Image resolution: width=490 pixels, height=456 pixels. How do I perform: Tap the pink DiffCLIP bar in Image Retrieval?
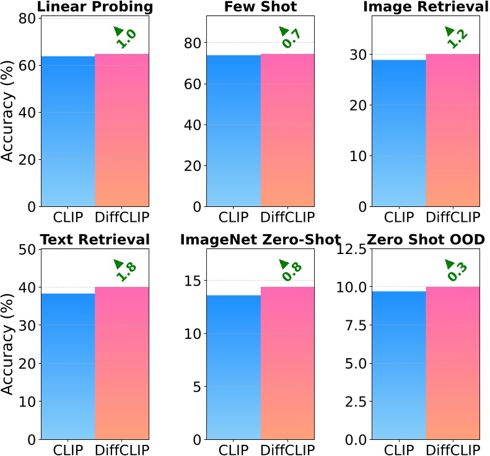[453, 130]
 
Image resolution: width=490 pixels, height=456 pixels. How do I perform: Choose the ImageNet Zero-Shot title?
[260, 240]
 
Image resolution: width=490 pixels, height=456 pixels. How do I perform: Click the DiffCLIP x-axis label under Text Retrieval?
[122, 449]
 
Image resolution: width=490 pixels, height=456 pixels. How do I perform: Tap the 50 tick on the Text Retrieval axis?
[27, 249]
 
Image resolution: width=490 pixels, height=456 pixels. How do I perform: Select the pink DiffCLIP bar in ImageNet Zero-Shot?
[287, 362]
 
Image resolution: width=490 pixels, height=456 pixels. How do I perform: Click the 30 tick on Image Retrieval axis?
[358, 55]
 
